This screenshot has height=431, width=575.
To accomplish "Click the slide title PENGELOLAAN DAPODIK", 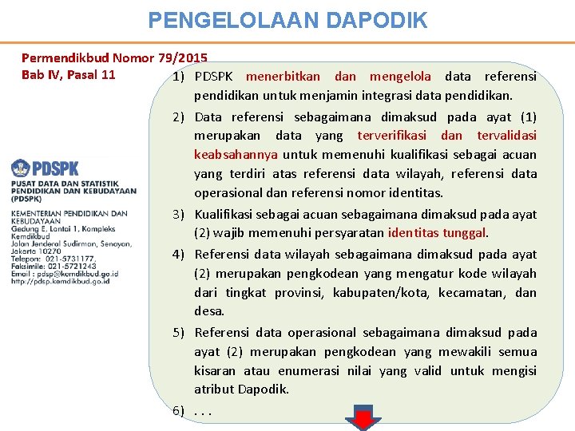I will click(287, 20).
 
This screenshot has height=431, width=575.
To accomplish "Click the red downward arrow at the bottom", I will click(363, 418).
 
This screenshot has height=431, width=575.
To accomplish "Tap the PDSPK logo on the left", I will click(46, 168).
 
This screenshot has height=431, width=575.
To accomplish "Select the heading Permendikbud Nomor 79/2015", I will click(114, 58).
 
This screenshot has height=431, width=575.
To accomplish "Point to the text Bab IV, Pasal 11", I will click(69, 75).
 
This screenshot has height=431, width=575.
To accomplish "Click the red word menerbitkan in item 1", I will click(283, 77).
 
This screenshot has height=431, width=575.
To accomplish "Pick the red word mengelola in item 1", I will click(399, 77).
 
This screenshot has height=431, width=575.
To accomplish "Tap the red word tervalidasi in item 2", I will click(506, 136).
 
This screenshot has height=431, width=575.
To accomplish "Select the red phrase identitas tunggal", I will click(437, 233).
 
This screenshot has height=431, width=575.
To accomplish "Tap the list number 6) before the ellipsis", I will click(179, 410).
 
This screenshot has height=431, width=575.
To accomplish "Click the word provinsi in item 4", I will click(299, 292).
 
